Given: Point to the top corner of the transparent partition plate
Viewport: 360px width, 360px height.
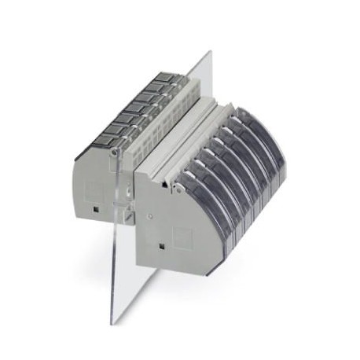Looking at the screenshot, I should [x=210, y=53].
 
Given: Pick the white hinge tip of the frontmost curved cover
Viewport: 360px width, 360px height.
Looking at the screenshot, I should [x=176, y=187].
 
